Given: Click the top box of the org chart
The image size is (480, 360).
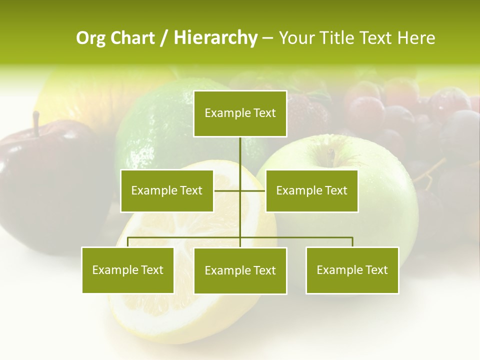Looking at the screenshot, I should [x=240, y=113].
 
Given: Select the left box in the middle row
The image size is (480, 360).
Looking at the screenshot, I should [x=167, y=190].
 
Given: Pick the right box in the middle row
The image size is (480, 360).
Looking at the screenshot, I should [x=311, y=190].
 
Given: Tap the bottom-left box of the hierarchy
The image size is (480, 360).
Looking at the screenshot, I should [x=127, y=270].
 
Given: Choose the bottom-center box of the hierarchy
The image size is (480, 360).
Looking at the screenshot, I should [x=240, y=270].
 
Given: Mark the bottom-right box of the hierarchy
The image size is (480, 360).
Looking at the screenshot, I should [x=352, y=270].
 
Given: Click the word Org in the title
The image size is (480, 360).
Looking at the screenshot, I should [x=90, y=38].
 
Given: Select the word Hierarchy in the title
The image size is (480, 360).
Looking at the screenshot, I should [x=215, y=38].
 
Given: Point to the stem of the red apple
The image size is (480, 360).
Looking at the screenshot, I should [x=36, y=123].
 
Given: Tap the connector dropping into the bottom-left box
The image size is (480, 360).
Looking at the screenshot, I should [x=127, y=242].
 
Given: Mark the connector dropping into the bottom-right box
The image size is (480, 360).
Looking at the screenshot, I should [x=352, y=242].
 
